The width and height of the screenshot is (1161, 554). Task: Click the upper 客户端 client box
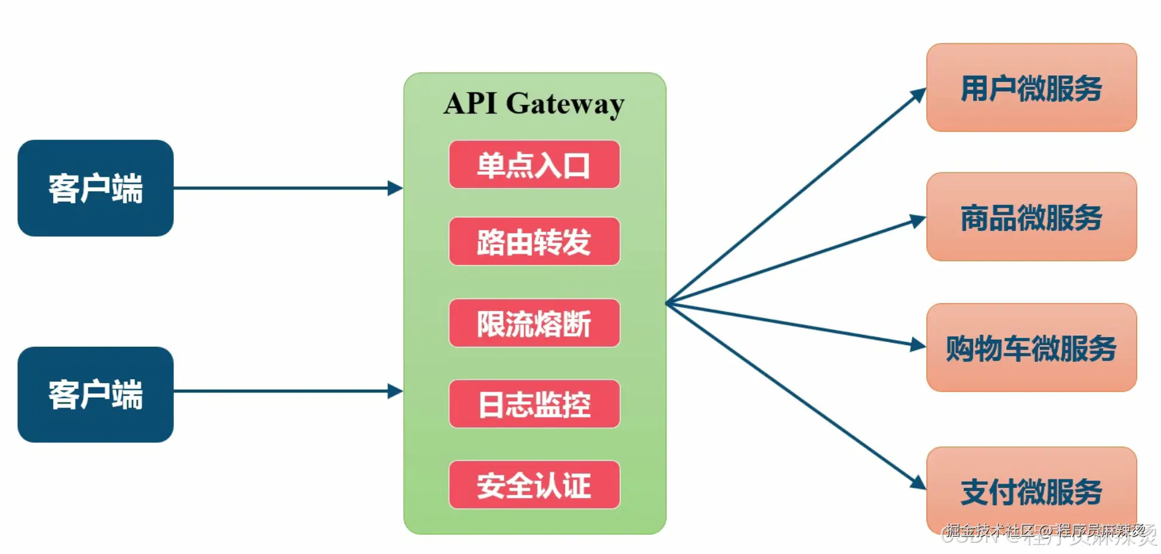click(x=95, y=188)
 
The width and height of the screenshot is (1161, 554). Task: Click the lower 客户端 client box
click(x=95, y=395)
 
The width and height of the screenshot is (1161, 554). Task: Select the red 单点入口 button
click(x=534, y=165)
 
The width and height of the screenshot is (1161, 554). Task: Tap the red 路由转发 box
click(x=534, y=242)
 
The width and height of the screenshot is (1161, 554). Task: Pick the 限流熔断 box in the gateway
click(x=534, y=323)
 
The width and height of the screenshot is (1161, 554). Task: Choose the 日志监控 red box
click(x=534, y=404)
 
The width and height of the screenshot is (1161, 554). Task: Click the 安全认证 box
click(x=534, y=485)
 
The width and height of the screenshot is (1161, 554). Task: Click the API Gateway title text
click(x=534, y=103)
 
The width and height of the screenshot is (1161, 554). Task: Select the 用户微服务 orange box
click(x=1031, y=88)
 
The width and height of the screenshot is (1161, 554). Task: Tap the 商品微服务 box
click(x=1031, y=217)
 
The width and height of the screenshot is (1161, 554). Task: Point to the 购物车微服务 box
click(x=1031, y=348)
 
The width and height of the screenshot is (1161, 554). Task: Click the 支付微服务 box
click(x=1031, y=491)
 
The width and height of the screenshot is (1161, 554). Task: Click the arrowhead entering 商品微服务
click(x=918, y=220)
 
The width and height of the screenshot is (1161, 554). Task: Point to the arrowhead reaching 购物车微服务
click(x=918, y=344)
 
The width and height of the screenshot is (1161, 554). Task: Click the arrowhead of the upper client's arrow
click(x=395, y=188)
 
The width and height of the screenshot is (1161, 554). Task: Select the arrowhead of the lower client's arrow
click(x=395, y=391)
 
